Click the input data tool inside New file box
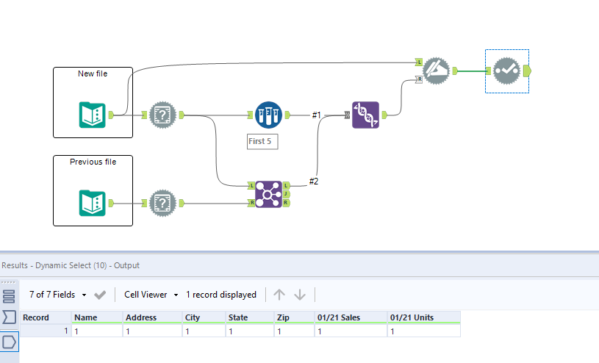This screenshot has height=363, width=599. tap(93, 115)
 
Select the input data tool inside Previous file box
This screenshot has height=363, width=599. tap(93, 203)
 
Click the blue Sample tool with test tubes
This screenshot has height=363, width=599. tap(268, 115)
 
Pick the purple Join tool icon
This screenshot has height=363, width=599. tap(268, 195)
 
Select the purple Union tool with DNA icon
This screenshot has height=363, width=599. tap(365, 115)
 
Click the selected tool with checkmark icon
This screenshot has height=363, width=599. tap(507, 71)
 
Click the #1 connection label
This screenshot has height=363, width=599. tap(316, 115)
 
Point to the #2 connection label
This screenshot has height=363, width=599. tap(314, 181)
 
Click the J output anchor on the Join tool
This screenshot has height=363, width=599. tap(287, 195)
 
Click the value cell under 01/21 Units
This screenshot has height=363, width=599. tap(424, 331)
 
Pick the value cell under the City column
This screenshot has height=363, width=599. tap(204, 331)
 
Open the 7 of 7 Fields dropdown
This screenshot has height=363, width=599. tap(57, 295)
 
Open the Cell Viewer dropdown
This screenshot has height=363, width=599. tap(151, 295)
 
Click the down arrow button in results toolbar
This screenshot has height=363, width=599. tap(300, 295)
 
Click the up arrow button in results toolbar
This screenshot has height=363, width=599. tap(279, 295)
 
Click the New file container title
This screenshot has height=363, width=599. tap(93, 73)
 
